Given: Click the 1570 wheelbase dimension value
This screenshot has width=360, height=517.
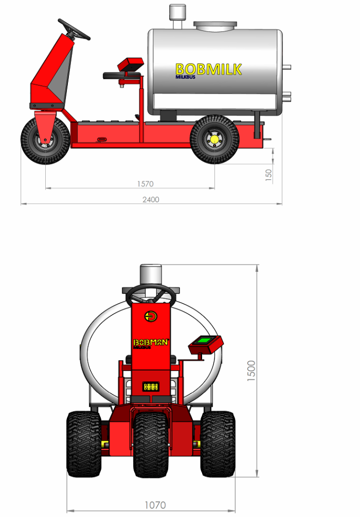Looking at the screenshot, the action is [x=145, y=183].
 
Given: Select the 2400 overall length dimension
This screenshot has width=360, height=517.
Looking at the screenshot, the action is [x=151, y=199].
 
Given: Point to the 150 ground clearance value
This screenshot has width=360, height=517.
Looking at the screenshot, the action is [x=269, y=174].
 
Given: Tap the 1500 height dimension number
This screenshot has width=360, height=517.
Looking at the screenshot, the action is [x=251, y=371].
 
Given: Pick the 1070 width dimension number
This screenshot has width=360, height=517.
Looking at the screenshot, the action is [x=155, y=505].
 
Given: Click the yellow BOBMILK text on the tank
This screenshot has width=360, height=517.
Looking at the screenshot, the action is [x=208, y=69].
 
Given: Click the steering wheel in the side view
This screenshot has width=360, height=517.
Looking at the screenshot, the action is [x=74, y=30].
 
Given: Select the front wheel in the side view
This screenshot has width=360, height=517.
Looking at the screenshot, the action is [x=45, y=140].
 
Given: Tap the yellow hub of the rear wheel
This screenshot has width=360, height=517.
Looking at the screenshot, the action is [x=214, y=139].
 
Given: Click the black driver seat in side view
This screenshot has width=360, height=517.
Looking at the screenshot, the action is [x=122, y=76].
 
